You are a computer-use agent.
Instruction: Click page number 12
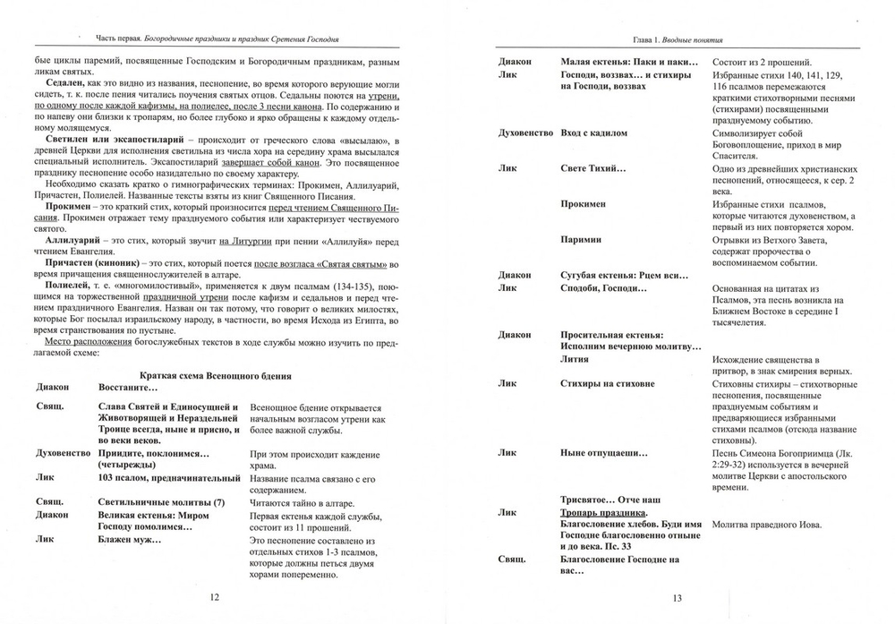(213, 597)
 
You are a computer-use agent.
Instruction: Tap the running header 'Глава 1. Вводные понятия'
(678, 40)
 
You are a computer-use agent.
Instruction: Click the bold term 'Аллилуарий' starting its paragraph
(69, 242)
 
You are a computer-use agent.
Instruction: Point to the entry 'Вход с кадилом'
(593, 132)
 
